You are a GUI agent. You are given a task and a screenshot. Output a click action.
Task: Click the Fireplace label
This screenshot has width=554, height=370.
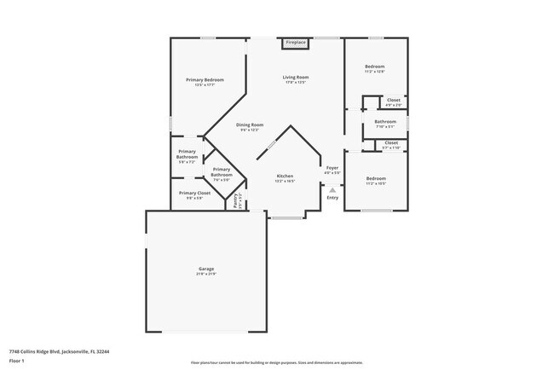tap(296, 42)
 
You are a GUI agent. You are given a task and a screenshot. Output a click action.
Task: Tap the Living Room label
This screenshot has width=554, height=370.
tap(296, 78)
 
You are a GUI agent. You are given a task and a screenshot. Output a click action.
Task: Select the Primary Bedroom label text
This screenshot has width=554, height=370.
tap(205, 79)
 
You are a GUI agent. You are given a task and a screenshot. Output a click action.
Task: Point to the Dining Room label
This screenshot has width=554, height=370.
tap(251, 124)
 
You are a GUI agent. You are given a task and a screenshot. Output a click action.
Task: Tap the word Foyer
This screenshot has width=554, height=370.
tap(332, 168)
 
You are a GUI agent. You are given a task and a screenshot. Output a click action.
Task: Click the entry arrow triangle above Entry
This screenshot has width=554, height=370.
tap(332, 190)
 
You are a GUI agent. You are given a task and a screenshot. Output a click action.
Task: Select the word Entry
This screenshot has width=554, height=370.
tap(332, 198)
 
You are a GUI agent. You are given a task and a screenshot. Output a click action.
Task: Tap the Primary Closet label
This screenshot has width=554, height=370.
tap(194, 193)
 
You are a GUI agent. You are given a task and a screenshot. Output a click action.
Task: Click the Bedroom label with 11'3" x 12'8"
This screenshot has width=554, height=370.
tap(375, 66)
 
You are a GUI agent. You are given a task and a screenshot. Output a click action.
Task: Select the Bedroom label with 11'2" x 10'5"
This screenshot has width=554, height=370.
tap(375, 178)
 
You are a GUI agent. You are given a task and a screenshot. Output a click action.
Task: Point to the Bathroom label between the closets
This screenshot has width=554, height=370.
tap(385, 122)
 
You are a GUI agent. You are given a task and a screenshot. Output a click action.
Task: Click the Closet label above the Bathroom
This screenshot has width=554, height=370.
tap(393, 101)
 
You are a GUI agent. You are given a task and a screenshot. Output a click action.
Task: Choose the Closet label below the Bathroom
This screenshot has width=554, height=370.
tap(391, 142)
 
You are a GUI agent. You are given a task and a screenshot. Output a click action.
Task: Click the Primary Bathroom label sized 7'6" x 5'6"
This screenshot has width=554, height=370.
tap(222, 173)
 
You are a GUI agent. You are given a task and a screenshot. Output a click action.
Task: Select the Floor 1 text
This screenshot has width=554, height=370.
tap(17, 361)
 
